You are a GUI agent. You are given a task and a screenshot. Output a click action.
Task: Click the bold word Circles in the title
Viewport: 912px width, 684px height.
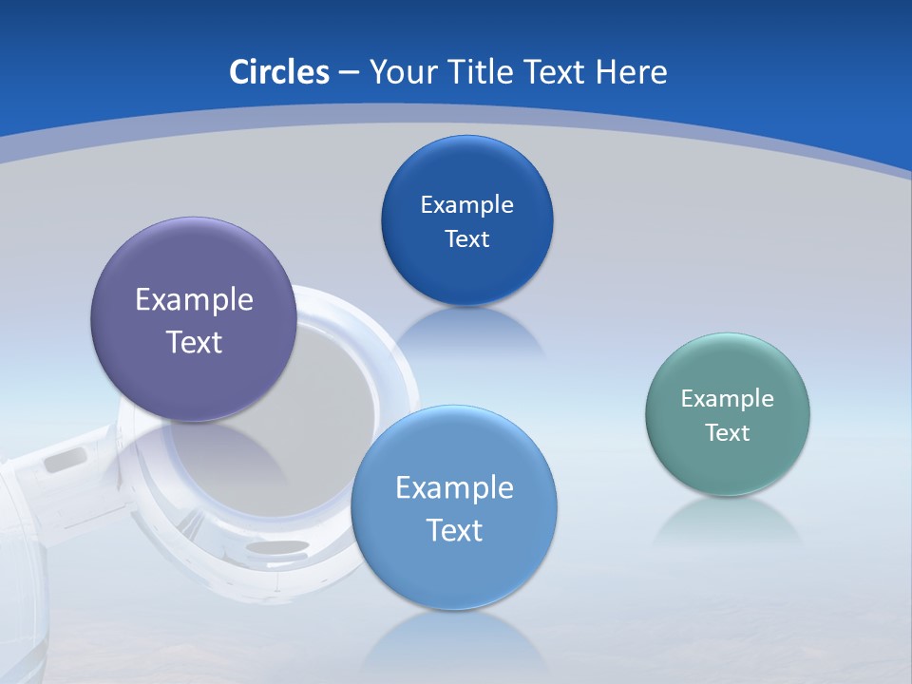pyautogui.click(x=278, y=72)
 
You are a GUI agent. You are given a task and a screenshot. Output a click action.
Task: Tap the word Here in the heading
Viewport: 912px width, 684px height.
pyautogui.click(x=631, y=72)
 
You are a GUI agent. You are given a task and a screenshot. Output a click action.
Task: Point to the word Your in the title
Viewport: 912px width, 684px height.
pyautogui.click(x=402, y=72)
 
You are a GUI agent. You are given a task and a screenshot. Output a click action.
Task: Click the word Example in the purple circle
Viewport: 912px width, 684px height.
pyautogui.click(x=194, y=300)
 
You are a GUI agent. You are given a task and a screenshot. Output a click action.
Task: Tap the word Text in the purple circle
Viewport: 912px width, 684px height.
pyautogui.click(x=194, y=342)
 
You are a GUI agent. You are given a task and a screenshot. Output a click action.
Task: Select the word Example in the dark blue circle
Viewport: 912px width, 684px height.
pyautogui.click(x=466, y=204)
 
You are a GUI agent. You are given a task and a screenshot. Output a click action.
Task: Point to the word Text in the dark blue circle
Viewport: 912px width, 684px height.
pyautogui.click(x=466, y=238)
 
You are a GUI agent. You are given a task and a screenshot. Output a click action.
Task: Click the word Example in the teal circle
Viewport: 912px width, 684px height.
pyautogui.click(x=728, y=398)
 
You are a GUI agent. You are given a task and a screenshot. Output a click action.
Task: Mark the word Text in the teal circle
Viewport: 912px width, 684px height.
pyautogui.click(x=728, y=432)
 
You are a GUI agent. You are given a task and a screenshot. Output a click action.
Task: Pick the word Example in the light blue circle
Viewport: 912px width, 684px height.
pyautogui.click(x=454, y=487)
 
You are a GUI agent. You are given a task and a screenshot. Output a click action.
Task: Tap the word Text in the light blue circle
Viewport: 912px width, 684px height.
pyautogui.click(x=454, y=529)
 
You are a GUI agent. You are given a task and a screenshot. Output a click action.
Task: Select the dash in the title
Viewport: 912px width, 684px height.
pyautogui.click(x=348, y=72)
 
